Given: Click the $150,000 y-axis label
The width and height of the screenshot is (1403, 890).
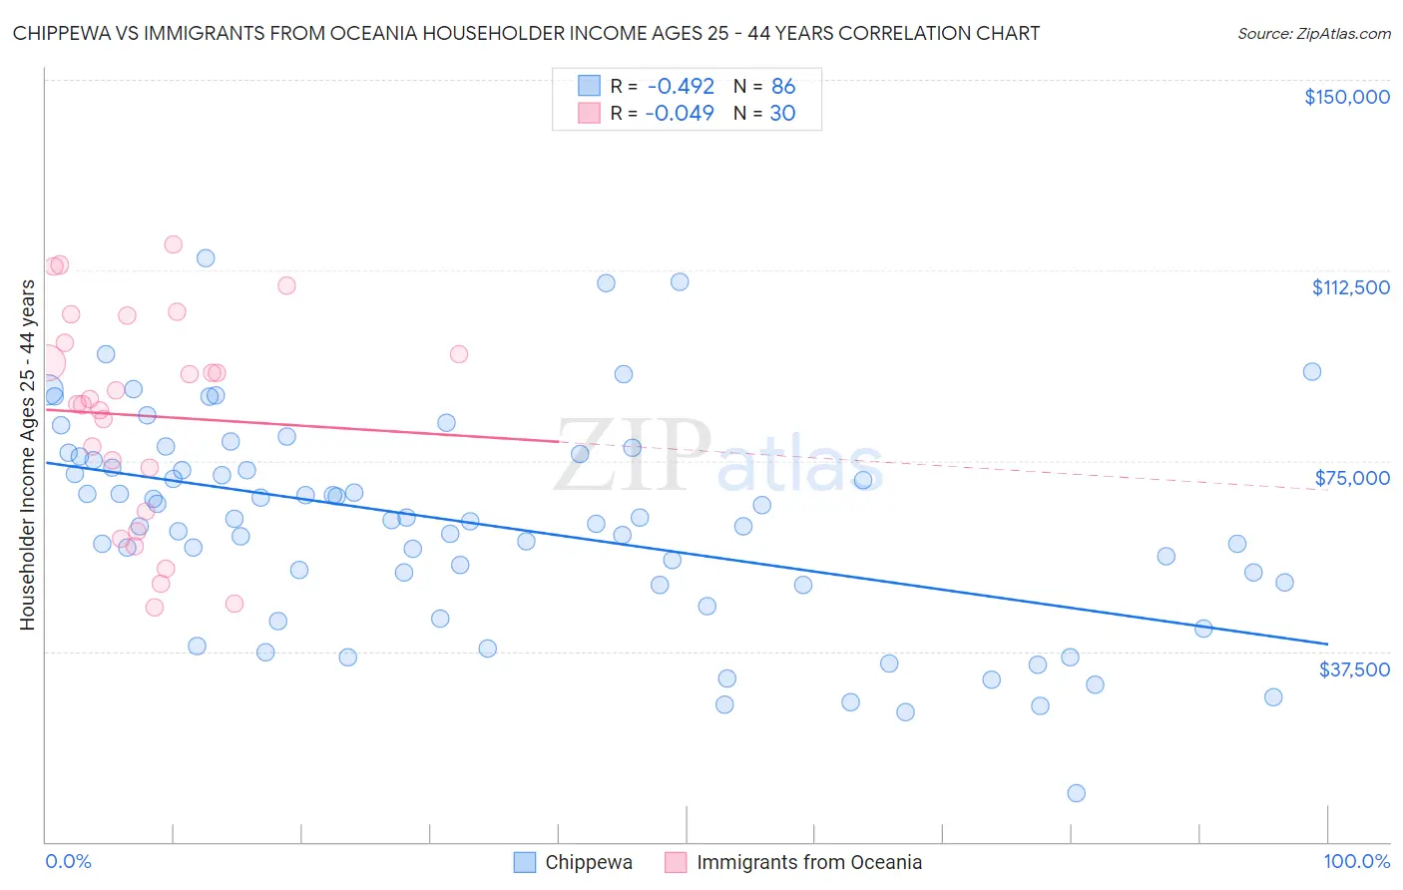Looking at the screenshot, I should [1346, 97].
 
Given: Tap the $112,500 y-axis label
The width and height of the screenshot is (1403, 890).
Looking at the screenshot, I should [1350, 287].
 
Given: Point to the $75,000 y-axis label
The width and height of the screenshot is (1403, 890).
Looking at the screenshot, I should [1352, 478].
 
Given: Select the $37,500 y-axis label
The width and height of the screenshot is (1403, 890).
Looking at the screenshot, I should [1354, 669].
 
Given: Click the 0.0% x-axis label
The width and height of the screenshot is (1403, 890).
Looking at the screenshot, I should [68, 861].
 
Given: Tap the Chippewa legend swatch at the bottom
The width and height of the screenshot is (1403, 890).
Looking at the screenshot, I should [525, 862].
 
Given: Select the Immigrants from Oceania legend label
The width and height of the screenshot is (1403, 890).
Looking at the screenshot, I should [808, 862].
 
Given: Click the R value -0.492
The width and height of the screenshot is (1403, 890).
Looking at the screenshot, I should [680, 87].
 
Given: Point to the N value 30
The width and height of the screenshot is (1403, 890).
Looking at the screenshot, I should [782, 114].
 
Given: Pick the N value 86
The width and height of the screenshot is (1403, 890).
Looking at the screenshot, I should [783, 87].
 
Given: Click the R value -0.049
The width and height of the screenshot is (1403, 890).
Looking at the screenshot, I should [680, 114].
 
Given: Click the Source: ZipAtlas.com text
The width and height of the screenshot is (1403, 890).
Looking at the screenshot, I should [1313, 34].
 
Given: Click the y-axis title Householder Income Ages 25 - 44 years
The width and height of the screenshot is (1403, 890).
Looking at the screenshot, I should [28, 455].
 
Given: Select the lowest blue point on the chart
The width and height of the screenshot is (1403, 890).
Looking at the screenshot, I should [1076, 793].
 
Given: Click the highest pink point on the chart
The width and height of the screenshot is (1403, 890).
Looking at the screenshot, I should [173, 244].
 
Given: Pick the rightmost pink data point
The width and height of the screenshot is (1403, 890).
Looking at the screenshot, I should [459, 354].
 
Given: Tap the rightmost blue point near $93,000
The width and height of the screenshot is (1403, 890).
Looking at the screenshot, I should [1312, 371].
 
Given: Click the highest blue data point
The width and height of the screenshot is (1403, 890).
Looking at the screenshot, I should [206, 257].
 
